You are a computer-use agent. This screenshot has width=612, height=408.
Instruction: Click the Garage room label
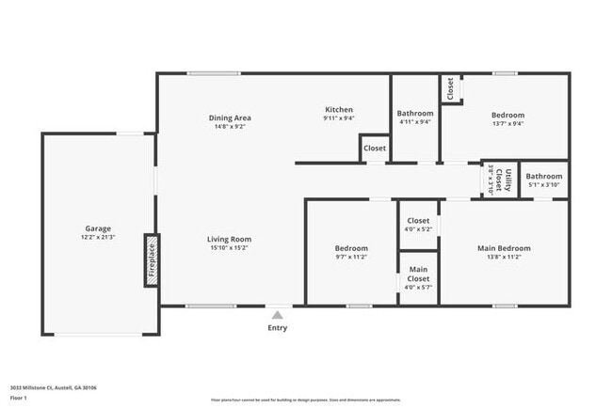[x=99, y=228]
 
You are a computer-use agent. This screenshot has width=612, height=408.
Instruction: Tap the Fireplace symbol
[x=151, y=260]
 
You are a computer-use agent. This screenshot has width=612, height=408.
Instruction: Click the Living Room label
[x=229, y=239]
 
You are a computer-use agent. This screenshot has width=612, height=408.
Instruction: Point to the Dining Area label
[x=230, y=118]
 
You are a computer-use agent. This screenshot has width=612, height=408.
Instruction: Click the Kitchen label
[x=339, y=109]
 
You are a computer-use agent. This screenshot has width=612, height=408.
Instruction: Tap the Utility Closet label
[x=506, y=179]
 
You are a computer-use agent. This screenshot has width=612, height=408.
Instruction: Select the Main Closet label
[x=418, y=274]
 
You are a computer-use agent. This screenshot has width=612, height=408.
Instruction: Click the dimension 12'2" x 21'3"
[x=99, y=238]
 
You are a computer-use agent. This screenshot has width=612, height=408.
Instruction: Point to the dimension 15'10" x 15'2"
[x=229, y=248]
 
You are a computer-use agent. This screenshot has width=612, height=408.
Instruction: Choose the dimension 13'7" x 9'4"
[x=507, y=123]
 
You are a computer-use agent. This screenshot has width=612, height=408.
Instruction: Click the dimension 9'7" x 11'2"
[x=351, y=257]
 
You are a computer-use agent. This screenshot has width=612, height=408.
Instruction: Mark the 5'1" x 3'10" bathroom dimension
[x=544, y=184]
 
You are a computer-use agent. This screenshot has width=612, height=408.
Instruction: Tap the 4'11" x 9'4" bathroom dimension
[x=415, y=121]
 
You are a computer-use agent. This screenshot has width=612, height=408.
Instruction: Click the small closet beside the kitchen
[x=375, y=149]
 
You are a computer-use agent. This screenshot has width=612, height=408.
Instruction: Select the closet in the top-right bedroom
[x=451, y=89]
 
